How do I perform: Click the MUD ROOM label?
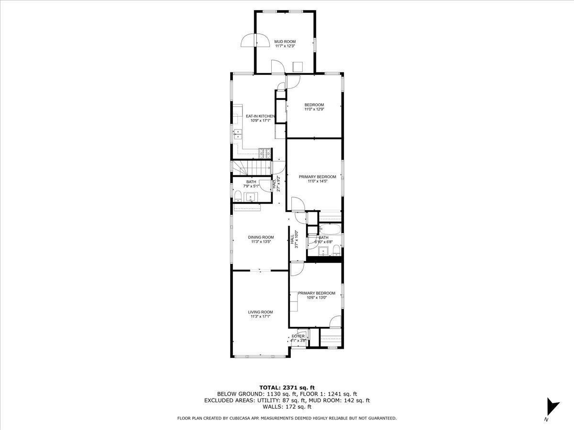pyautogui.click(x=285, y=42)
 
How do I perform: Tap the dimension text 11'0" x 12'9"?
pyautogui.click(x=314, y=110)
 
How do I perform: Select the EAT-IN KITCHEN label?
pyautogui.click(x=260, y=116)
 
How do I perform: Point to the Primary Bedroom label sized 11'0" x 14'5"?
pyautogui.click(x=317, y=177)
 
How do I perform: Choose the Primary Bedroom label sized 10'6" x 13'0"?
pyautogui.click(x=316, y=293)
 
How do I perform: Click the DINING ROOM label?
pyautogui.click(x=261, y=237)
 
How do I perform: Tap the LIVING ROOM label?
pyautogui.click(x=260, y=312)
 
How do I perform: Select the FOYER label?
pyautogui.click(x=298, y=336)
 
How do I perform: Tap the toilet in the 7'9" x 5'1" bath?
pyautogui.click(x=238, y=196)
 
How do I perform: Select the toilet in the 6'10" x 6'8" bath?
pyautogui.click(x=336, y=250)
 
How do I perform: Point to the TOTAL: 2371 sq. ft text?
pyautogui.click(x=287, y=387)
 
